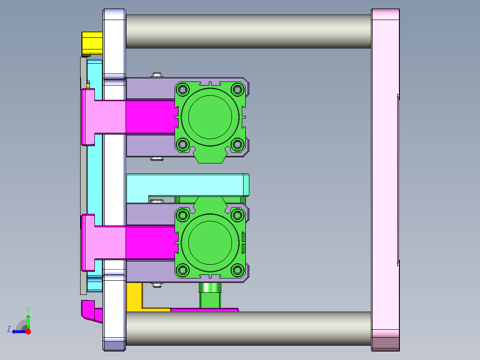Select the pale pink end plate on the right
[385, 178]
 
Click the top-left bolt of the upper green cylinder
[183, 90]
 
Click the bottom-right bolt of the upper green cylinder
[237, 144]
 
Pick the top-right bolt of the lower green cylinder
[237, 216]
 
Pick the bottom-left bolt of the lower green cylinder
[183, 270]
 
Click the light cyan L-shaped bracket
[187, 184]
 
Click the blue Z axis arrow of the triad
[18, 331]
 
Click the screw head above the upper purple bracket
[156, 74]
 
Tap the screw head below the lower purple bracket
[156, 285]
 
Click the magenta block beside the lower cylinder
[150, 242]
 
